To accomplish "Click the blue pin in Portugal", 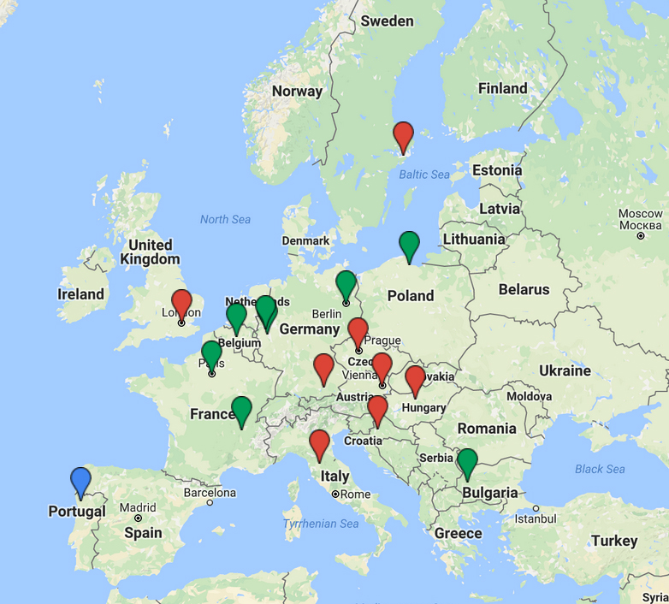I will tap(80, 482).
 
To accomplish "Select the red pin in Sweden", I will tap(403, 136).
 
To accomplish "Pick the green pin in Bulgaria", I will tap(466, 462).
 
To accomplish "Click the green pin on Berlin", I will tap(346, 285).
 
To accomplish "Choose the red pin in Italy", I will tap(319, 445).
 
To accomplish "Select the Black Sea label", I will tap(600, 469).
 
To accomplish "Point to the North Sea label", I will tap(225, 220).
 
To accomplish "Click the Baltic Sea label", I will tap(424, 175).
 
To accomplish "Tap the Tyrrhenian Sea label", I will tap(321, 524).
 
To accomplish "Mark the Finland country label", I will tap(502, 89).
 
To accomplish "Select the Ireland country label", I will tap(80, 294).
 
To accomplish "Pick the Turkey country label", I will tap(614, 541).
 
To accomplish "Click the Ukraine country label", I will tap(565, 370).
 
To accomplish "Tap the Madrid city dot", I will tap(138, 518).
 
